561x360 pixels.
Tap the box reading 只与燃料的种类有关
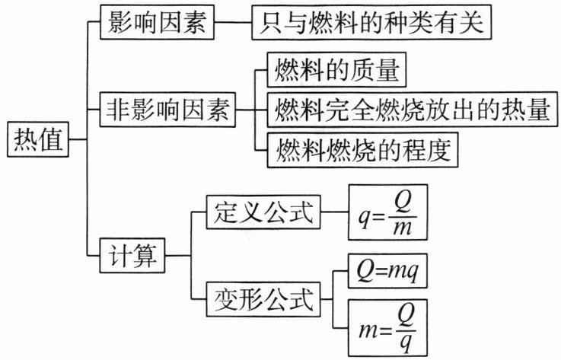click(x=369, y=22)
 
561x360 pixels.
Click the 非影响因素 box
click(x=167, y=112)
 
